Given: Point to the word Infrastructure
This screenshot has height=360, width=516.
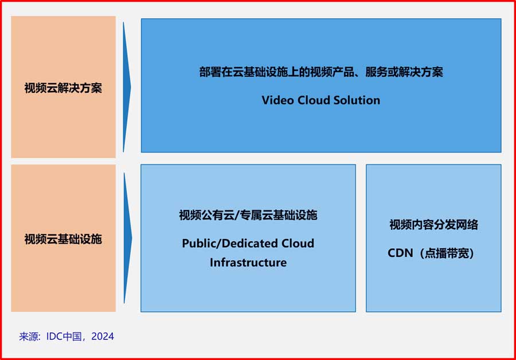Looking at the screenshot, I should point(248,263).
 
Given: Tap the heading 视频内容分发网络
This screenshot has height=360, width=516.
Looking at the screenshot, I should point(433,225).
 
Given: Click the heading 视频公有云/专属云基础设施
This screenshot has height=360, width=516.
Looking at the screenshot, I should point(248,216).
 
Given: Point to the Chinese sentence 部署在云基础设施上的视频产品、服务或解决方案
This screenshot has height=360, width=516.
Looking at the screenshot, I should point(321,72).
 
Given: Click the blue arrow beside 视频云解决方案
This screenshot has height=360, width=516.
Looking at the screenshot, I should point(127,87).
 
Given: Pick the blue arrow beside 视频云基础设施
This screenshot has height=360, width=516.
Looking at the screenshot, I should point(127,238).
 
